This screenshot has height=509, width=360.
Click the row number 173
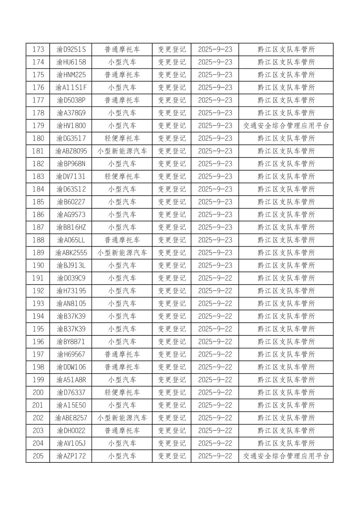pyautogui.click(x=38, y=50)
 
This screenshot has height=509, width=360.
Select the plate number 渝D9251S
pyautogui.click(x=71, y=50)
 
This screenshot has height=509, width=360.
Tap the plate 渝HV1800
pyautogui.click(x=71, y=126)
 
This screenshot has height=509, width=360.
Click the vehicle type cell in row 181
pyautogui.click(x=122, y=151)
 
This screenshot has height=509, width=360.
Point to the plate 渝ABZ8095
pyautogui.click(x=71, y=151)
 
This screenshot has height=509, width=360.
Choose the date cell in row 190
pyautogui.click(x=215, y=265)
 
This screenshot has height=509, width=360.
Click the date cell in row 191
pyautogui.click(x=215, y=278)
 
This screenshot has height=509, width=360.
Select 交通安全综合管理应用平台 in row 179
pyautogui.click(x=286, y=126)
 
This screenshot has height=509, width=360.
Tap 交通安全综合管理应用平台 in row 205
pyautogui.click(x=286, y=456)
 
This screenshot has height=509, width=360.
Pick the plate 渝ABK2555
pyautogui.click(x=71, y=253)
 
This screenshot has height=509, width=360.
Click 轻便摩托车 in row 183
pyautogui.click(x=122, y=177)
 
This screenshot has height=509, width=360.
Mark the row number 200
pyautogui.click(x=38, y=392)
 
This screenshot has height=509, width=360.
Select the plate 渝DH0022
pyautogui.click(x=71, y=431)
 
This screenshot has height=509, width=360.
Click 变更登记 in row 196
pyautogui.click(x=172, y=342)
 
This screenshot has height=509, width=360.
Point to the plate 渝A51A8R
pyautogui.click(x=71, y=380)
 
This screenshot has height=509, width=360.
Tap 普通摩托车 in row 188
pyautogui.click(x=122, y=240)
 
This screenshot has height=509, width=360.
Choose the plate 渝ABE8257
pyautogui.click(x=71, y=418)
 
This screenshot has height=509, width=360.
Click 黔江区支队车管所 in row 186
pyautogui.click(x=286, y=214)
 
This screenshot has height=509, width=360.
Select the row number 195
pyautogui.click(x=38, y=329)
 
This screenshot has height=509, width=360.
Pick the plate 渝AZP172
pyautogui.click(x=71, y=456)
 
